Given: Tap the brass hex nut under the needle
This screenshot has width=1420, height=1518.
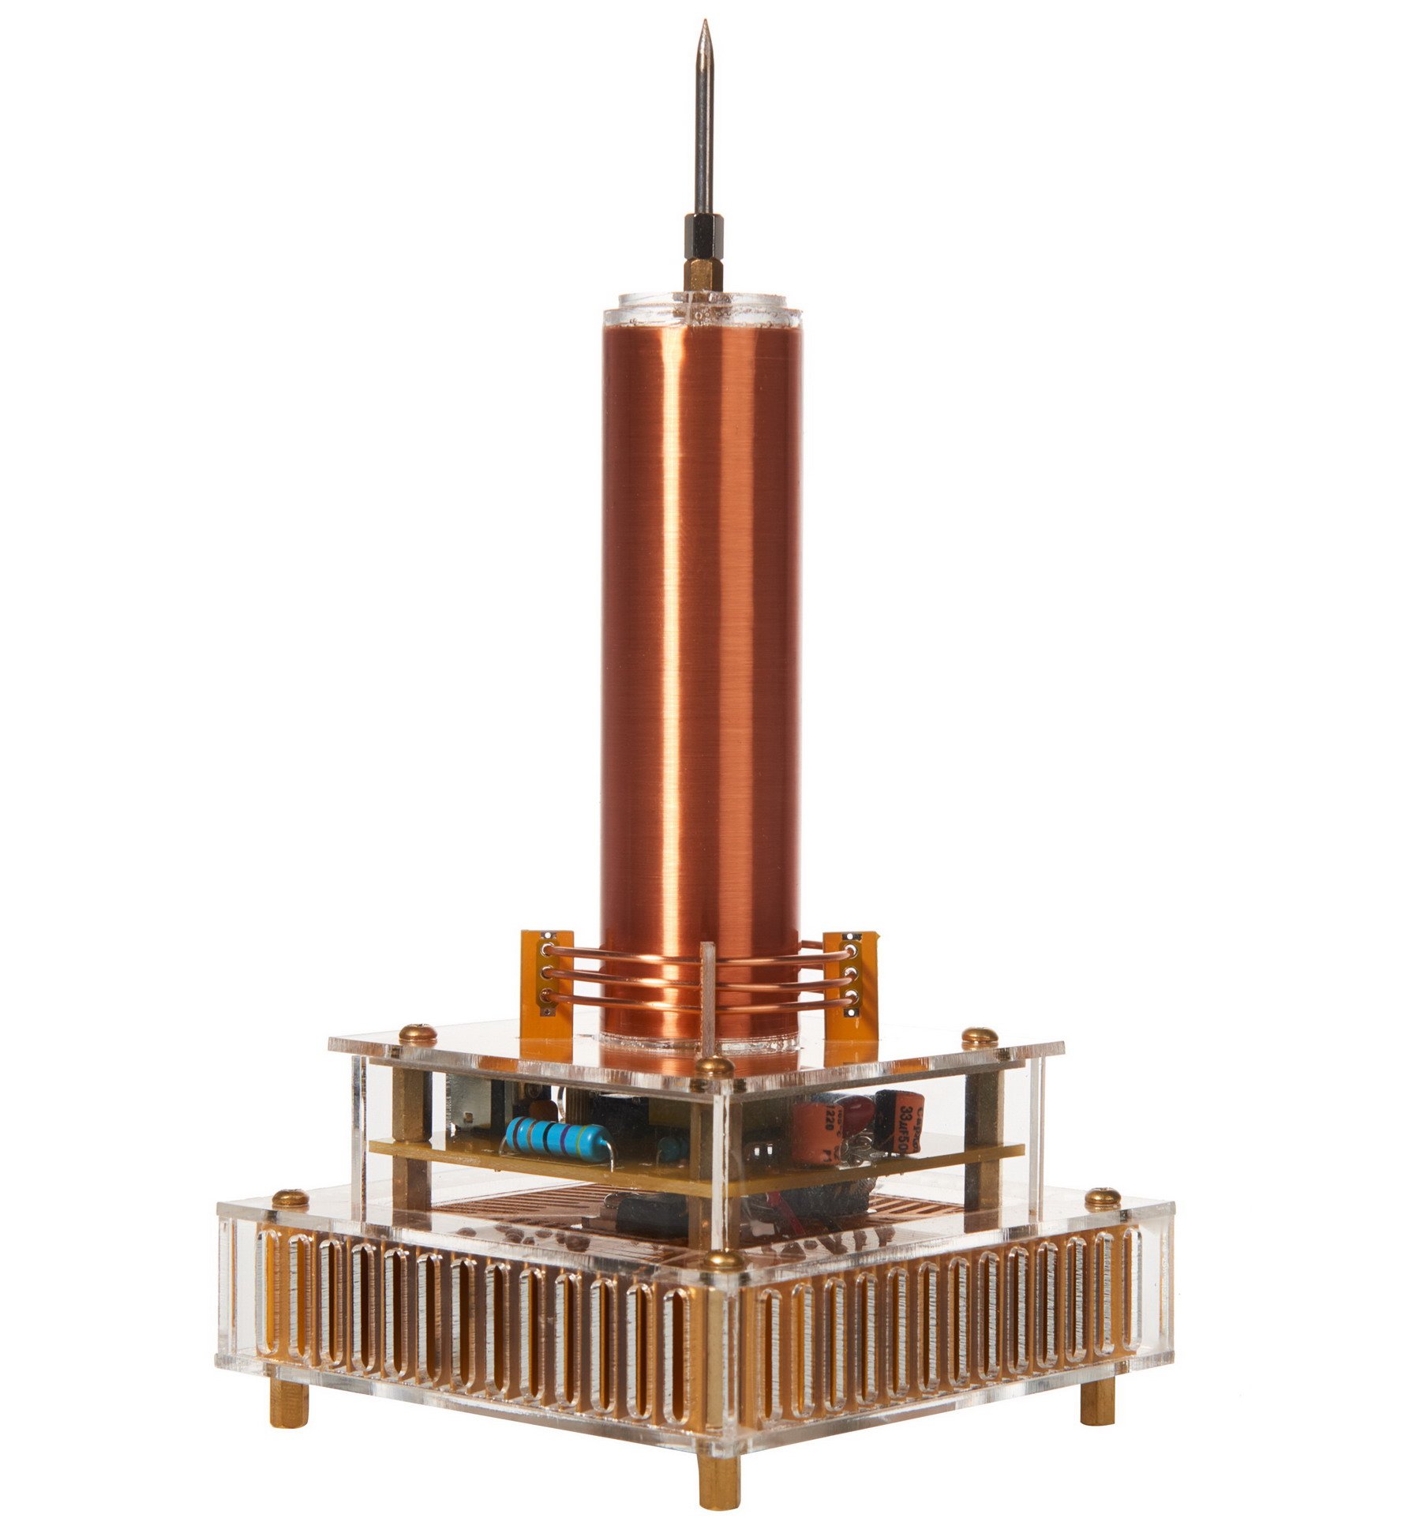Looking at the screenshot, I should coord(703,274).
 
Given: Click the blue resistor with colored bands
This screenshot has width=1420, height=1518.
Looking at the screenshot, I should coord(557,1138).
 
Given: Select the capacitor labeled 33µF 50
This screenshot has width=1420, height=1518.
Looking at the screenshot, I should coord(908,1118).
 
